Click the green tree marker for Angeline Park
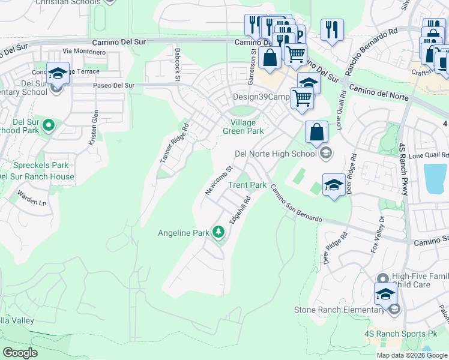[x=218, y=232]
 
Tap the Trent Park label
[x=247, y=185]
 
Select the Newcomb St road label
[x=217, y=181]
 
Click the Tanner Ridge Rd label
[x=175, y=143]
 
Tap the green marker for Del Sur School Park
[x=49, y=125]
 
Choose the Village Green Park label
[x=243, y=127]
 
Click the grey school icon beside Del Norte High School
[x=325, y=153]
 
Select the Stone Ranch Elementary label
[x=339, y=310]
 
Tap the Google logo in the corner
[x=20, y=352]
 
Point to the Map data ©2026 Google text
[x=411, y=355]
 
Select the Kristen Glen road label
[x=94, y=127]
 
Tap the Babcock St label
[x=178, y=60]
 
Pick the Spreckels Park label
[x=39, y=165]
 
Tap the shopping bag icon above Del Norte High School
[x=316, y=132]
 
